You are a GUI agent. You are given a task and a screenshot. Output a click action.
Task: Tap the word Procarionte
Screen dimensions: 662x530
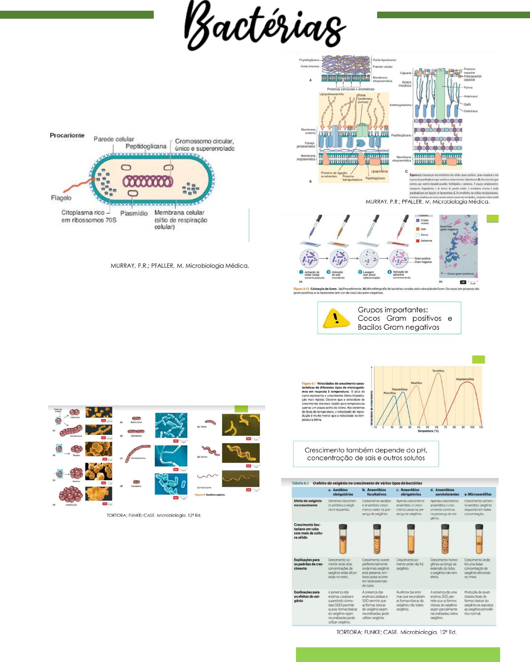(x=67, y=135)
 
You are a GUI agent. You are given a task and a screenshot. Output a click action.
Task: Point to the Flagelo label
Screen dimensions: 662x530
(x=61, y=198)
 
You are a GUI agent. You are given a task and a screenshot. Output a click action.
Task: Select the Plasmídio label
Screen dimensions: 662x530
(x=134, y=213)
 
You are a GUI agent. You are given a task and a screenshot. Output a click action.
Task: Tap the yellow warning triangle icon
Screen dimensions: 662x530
(x=336, y=318)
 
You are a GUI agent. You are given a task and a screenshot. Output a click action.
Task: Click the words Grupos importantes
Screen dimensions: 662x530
(x=392, y=310)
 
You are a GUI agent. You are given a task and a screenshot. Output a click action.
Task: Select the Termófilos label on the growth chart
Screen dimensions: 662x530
(x=438, y=371)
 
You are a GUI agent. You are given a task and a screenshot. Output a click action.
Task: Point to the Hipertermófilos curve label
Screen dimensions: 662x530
(x=464, y=379)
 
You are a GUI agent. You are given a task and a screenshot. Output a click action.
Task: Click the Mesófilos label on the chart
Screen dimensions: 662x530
(x=416, y=383)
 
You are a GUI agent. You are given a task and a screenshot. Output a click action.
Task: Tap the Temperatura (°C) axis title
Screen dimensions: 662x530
(x=428, y=431)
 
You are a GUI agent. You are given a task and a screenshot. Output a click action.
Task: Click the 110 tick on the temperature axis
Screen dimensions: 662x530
(x=481, y=427)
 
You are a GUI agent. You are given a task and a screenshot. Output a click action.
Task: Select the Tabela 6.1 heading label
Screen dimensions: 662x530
(x=300, y=483)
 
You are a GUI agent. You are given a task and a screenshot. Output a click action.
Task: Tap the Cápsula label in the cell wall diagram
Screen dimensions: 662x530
(x=405, y=73)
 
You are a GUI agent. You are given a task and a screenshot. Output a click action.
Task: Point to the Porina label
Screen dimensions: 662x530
(x=468, y=87)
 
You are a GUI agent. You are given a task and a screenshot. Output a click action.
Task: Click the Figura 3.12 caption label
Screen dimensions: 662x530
(x=301, y=289)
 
